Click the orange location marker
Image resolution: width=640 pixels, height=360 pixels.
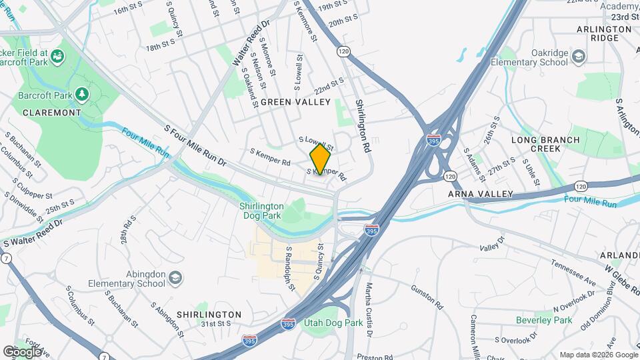pos(320,159)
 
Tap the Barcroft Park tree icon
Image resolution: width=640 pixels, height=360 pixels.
pos(82,95)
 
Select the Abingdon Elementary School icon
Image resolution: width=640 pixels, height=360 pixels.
pos(175,277)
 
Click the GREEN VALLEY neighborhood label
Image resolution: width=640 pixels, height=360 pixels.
pos(295,102)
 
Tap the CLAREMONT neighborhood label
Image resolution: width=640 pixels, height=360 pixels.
pos(51,113)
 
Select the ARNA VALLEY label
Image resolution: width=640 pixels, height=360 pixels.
pos(481,194)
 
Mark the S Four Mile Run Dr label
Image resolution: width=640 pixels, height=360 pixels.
pos(197,145)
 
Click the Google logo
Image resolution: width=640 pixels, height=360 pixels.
pos(21,351)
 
